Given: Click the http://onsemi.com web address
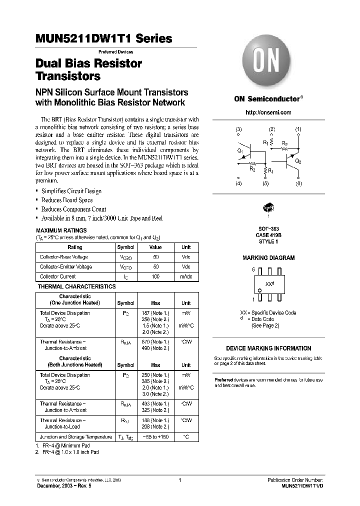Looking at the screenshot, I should pyautogui.click(x=268, y=112).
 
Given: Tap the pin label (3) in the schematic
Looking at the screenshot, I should pyautogui.click(x=238, y=129).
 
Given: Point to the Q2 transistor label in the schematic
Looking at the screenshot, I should pyautogui.click(x=298, y=161).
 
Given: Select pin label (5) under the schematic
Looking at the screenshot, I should pyautogui.click(x=265, y=184).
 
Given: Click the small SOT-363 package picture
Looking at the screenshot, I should pyautogui.click(x=268, y=207).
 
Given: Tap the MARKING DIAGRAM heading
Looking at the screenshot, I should pyautogui.click(x=268, y=258).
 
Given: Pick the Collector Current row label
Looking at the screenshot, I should pyautogui.click(x=58, y=276).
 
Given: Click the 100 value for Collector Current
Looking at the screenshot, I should pyautogui.click(x=156, y=276).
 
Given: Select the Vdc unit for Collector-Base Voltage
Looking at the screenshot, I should pyautogui.click(x=186, y=257).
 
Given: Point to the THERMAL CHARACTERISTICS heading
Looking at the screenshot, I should pyautogui.click(x=77, y=286).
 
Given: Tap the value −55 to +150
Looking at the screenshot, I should pyautogui.click(x=155, y=437).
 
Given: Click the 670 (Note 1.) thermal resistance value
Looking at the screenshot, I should pyautogui.click(x=156, y=342).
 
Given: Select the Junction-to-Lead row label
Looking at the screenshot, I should pyautogui.click(x=63, y=426).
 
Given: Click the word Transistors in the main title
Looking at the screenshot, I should pyautogui.click(x=68, y=76).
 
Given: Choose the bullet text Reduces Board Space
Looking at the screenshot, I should pyautogui.click(x=67, y=200).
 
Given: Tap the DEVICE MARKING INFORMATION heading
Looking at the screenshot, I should pyautogui.click(x=268, y=348).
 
